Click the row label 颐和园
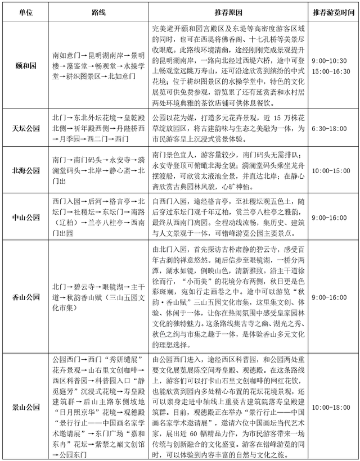tap(25, 66)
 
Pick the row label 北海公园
tap(25, 170)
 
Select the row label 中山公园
tap(25, 217)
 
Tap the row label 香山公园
tap(25, 296)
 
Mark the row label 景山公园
tap(25, 406)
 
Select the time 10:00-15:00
tap(333, 170)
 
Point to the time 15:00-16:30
tap(333, 71)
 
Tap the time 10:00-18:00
tap(333, 406)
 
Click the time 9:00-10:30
tap(333, 60)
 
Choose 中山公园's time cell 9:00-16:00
tap(333, 217)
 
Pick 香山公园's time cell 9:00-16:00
tap(333, 296)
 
